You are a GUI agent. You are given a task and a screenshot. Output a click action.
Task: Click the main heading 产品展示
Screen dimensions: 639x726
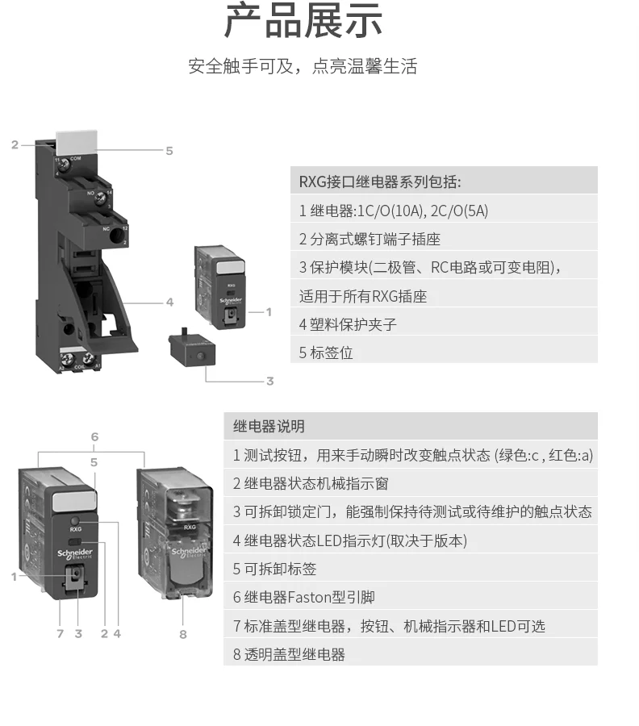point(303,23)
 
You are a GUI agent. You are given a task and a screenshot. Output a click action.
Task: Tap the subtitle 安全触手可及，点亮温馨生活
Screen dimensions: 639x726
point(303,66)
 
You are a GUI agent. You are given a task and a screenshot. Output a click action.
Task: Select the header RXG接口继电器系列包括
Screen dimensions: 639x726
point(380,181)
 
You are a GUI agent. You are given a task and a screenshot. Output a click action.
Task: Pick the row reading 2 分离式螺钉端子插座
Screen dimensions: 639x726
point(370,239)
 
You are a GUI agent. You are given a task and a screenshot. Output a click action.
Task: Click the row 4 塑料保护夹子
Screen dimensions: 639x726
point(348,324)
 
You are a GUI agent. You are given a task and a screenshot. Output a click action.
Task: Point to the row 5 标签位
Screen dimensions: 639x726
point(326,353)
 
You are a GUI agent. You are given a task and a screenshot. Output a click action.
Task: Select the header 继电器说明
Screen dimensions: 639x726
point(269,427)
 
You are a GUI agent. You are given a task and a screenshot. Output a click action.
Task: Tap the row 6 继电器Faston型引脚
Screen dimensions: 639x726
point(304,598)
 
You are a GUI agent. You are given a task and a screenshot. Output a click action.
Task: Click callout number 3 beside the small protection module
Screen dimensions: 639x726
point(269,381)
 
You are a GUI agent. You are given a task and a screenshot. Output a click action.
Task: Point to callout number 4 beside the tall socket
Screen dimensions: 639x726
point(169,302)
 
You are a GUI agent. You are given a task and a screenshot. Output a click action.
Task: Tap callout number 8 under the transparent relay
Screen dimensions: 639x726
point(183,634)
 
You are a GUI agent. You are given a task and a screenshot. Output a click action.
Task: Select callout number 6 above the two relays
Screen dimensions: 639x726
point(94,437)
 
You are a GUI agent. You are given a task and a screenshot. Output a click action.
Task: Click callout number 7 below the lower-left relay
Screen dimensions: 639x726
point(60,634)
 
